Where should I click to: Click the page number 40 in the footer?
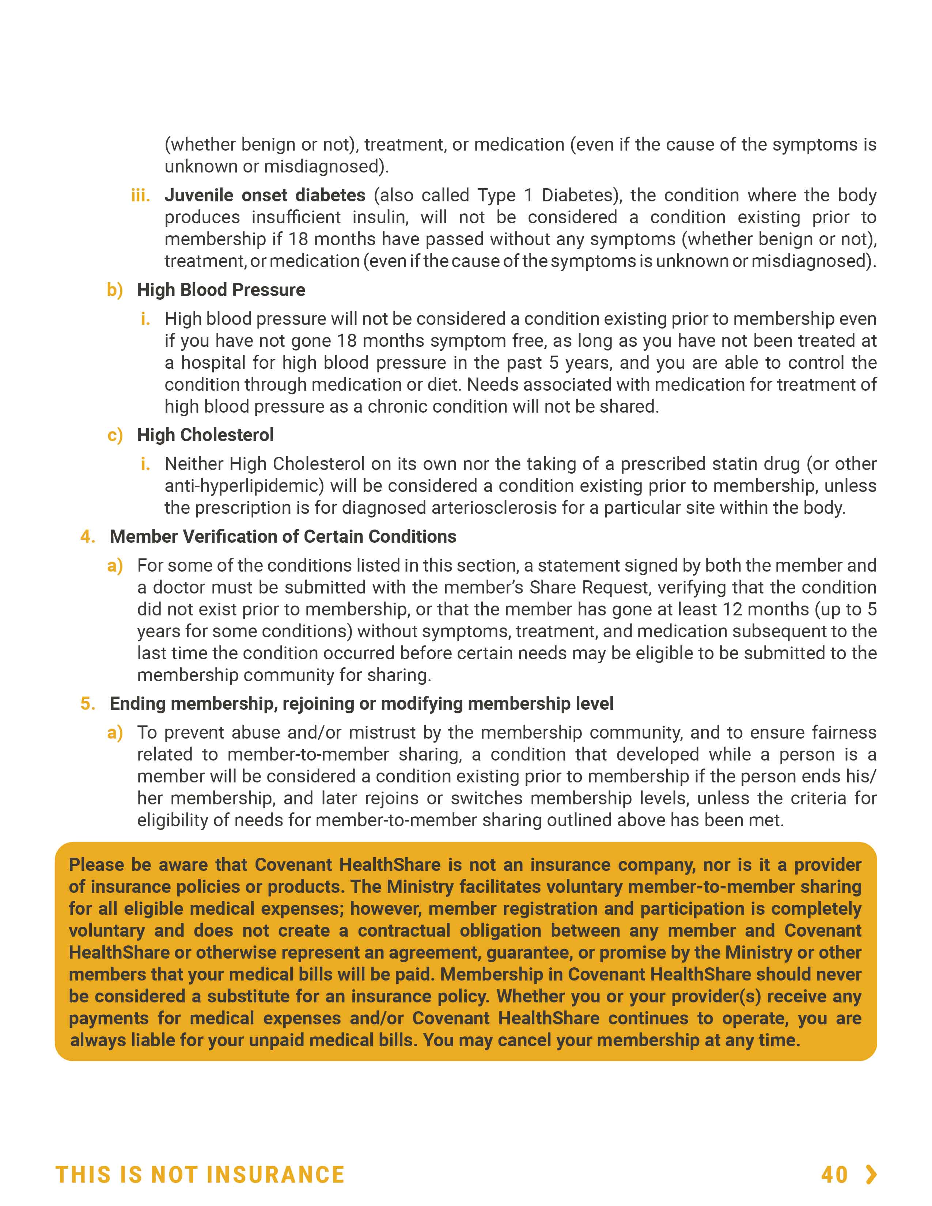(834, 1175)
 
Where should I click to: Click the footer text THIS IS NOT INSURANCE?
(200, 1175)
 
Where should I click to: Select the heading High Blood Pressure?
(221, 290)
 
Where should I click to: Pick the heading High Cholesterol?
(205, 435)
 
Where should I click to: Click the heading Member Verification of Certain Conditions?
(283, 537)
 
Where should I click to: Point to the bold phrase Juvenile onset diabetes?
(265, 196)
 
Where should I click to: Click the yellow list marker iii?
(140, 196)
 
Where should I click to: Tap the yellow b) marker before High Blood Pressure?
(115, 290)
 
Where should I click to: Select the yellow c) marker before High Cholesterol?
(115, 435)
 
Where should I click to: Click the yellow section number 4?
(87, 537)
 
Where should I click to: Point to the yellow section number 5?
(87, 703)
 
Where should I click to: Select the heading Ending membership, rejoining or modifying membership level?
(361, 703)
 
